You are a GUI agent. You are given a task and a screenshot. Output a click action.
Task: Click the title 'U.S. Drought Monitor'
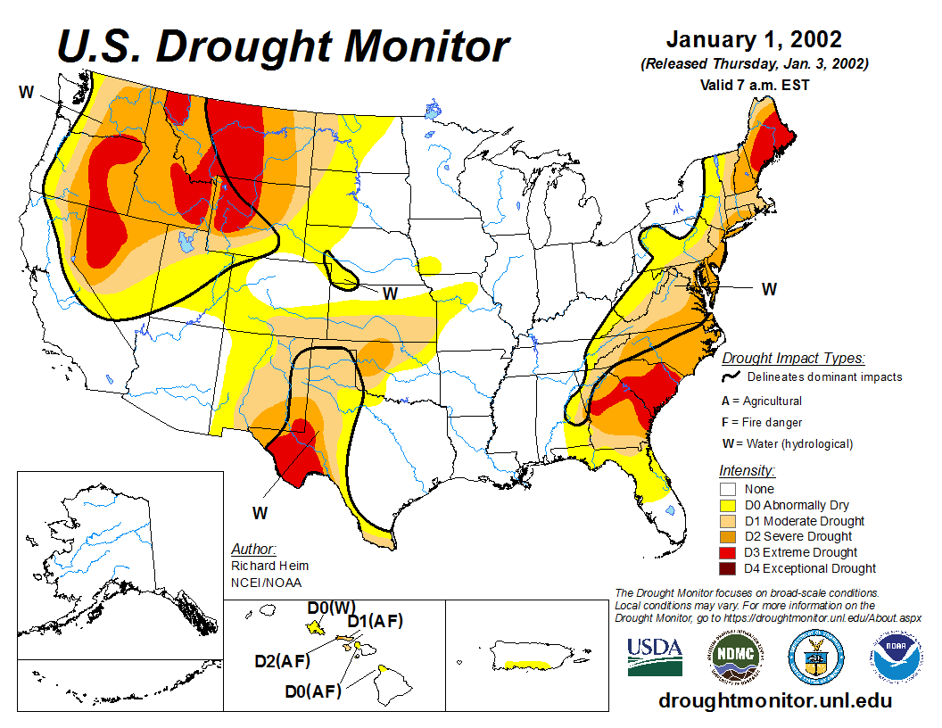pyautogui.click(x=284, y=46)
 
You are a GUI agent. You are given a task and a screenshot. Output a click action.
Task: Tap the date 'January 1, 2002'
pyautogui.click(x=754, y=40)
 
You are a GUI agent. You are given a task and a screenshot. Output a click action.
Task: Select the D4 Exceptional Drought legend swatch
pyautogui.click(x=728, y=568)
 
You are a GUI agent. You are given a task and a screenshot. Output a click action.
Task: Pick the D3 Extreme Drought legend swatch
pyautogui.click(x=728, y=552)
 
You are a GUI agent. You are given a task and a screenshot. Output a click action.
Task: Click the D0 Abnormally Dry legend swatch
pyautogui.click(x=728, y=505)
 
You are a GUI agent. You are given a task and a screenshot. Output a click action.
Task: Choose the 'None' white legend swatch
pyautogui.click(x=728, y=489)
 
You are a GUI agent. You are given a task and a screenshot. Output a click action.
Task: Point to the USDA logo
pyautogui.click(x=655, y=657)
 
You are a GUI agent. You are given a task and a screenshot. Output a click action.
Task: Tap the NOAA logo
pyautogui.click(x=894, y=657)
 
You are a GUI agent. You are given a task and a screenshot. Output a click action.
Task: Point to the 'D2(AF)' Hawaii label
pyautogui.click(x=282, y=661)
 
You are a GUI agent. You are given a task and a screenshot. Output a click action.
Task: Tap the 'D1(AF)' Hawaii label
pyautogui.click(x=375, y=622)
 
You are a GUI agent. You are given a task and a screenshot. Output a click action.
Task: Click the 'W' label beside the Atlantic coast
pyautogui.click(x=769, y=289)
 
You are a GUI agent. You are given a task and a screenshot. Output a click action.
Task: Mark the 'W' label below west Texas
pyautogui.click(x=260, y=513)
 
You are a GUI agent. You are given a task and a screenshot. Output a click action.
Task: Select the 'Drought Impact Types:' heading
pyautogui.click(x=793, y=359)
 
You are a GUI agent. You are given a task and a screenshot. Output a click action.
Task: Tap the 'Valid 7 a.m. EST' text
pyautogui.click(x=754, y=86)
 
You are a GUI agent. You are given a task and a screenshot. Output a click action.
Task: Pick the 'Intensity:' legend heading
pyautogui.click(x=747, y=470)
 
